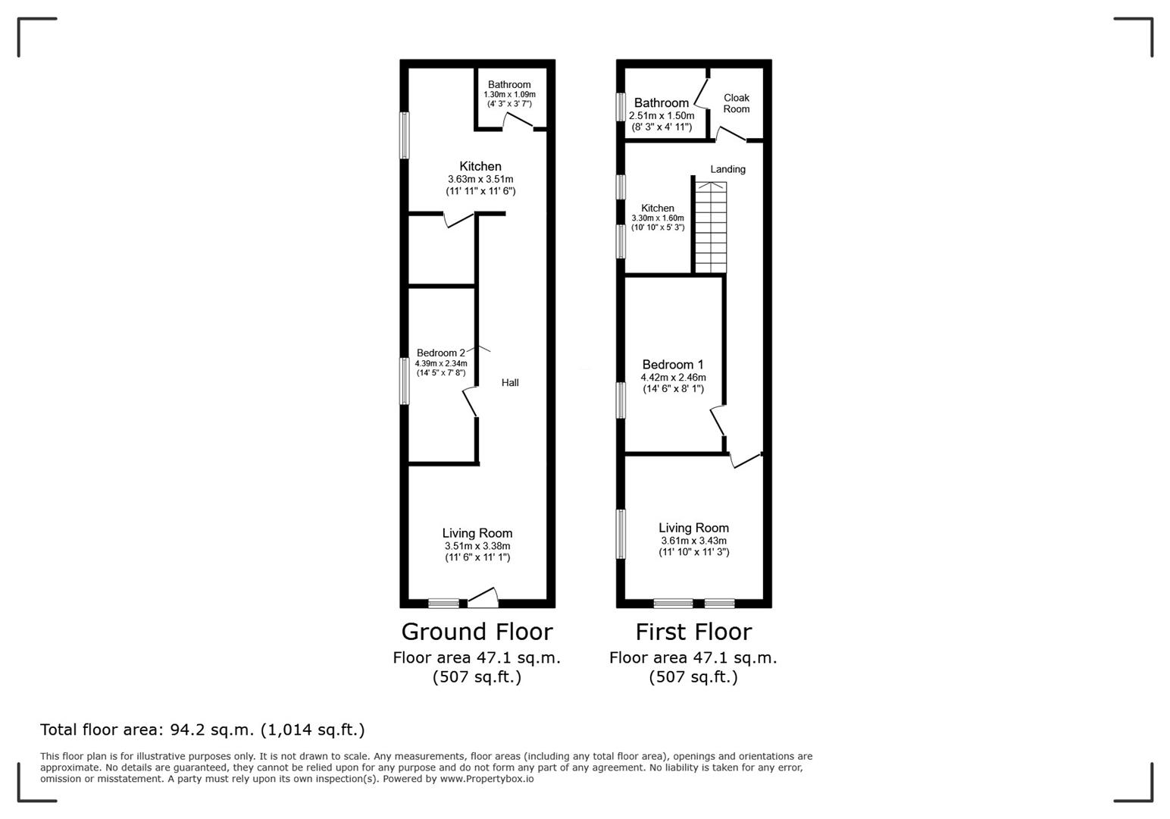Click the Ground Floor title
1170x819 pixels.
(x=477, y=632)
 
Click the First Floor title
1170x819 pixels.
(x=693, y=632)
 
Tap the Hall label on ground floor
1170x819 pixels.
(x=510, y=383)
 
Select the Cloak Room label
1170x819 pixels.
(x=736, y=103)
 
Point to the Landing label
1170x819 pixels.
(x=727, y=169)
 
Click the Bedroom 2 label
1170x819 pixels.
(x=441, y=353)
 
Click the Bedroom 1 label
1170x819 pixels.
(x=673, y=364)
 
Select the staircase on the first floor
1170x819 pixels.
(x=711, y=227)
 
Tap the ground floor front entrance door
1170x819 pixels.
(x=483, y=599)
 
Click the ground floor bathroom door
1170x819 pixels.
(x=518, y=122)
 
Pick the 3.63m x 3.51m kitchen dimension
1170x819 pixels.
(x=480, y=179)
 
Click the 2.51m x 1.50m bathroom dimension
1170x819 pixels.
(x=662, y=115)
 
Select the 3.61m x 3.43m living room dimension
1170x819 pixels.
(x=693, y=540)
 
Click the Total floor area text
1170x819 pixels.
(x=202, y=730)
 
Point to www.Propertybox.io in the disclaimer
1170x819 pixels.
(x=486, y=779)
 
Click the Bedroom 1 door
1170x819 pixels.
(x=718, y=422)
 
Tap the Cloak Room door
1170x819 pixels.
(x=731, y=135)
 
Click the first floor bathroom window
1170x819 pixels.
(x=621, y=106)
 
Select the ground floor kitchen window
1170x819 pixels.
(x=405, y=136)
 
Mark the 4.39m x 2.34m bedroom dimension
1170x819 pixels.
(x=441, y=363)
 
